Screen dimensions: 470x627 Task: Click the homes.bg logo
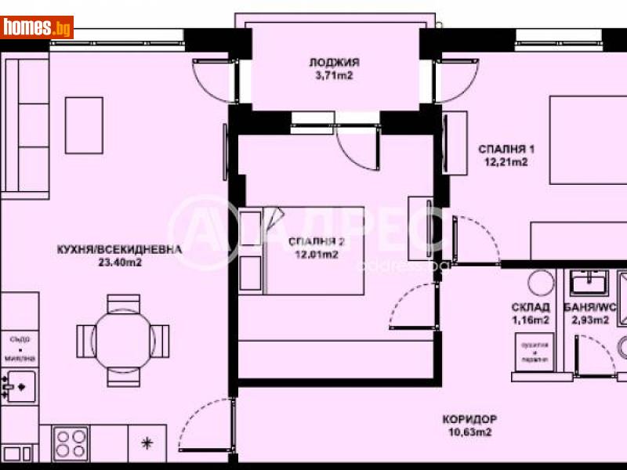37,28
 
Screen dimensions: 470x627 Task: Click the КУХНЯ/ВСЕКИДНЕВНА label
119,250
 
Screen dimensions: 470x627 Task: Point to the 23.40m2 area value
119,263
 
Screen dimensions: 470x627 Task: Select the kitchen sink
19,383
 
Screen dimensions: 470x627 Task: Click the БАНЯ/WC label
589,307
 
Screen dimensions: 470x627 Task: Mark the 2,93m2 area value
589,320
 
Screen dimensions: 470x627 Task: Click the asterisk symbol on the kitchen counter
146,443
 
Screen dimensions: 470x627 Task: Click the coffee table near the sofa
85,125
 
